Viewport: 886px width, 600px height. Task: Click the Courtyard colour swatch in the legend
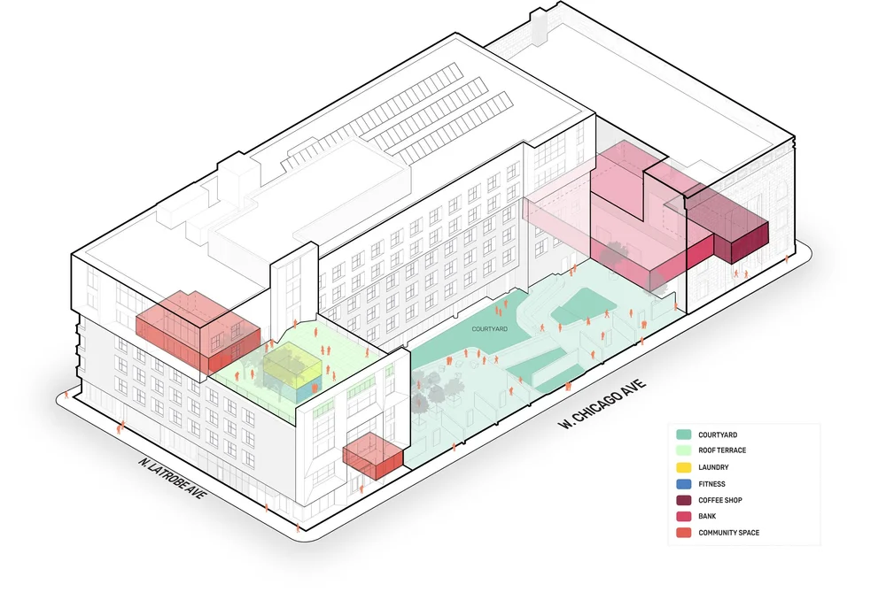click(683, 435)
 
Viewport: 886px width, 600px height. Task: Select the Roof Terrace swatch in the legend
click(683, 450)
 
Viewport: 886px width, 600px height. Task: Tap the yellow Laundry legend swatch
click(683, 467)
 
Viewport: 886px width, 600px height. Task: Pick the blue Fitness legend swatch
click(683, 484)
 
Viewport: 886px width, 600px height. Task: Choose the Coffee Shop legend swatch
click(683, 500)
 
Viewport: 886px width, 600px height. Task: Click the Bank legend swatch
click(683, 516)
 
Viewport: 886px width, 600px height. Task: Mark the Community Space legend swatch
click(683, 533)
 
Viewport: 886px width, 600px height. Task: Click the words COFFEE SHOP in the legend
click(719, 500)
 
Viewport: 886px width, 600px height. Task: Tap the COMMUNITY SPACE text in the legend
click(728, 533)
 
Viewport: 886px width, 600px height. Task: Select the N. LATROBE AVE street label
click(172, 477)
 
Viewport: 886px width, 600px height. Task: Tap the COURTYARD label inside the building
click(489, 329)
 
